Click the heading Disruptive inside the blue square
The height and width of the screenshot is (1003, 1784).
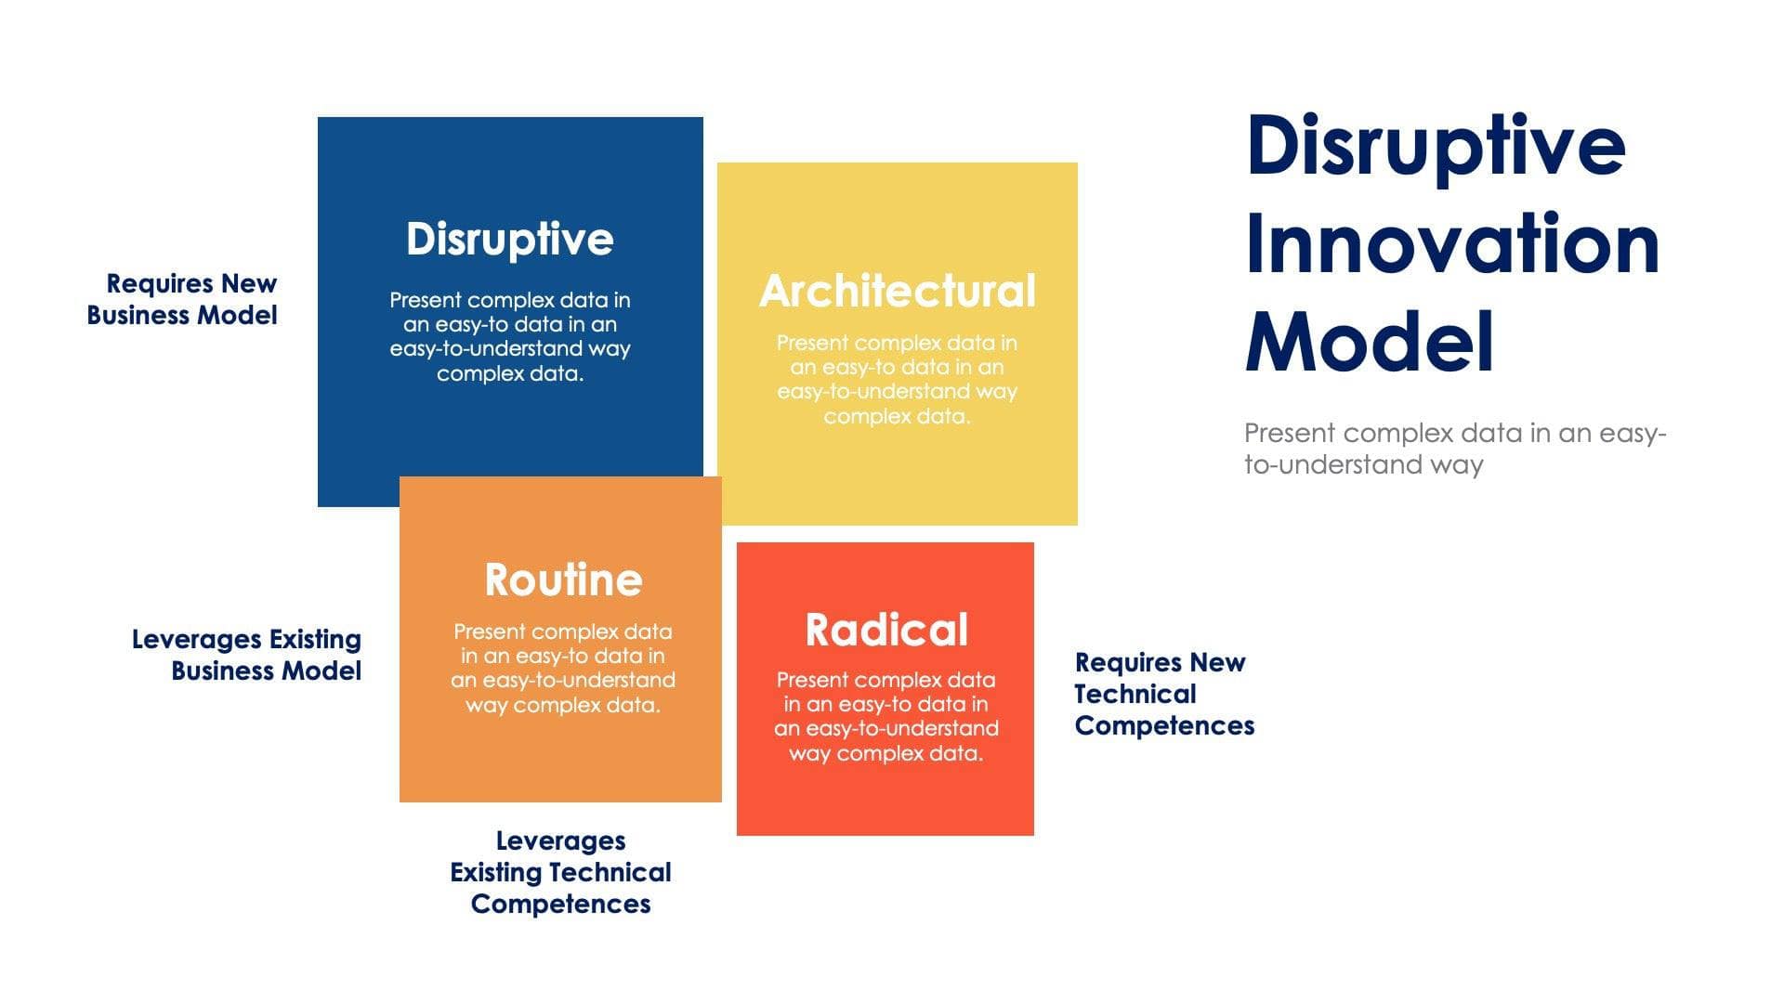(x=509, y=240)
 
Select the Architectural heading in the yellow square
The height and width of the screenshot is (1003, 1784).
(x=897, y=291)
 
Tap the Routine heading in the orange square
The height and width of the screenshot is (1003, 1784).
(x=563, y=580)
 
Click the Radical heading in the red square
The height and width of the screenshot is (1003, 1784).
(x=885, y=630)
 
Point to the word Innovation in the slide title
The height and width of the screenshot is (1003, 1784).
(x=1451, y=244)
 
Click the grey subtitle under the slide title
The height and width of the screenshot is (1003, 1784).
(x=1454, y=449)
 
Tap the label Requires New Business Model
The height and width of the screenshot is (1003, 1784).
(x=182, y=299)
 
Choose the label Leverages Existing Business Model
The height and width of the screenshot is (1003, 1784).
(x=247, y=655)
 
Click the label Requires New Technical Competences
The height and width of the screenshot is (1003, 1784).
(x=1163, y=694)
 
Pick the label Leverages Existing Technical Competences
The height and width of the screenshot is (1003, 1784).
(x=560, y=872)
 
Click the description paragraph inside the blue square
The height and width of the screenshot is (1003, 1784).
(x=509, y=336)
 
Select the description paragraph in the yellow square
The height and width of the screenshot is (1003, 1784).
(x=897, y=379)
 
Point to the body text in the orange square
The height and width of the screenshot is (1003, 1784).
(x=562, y=668)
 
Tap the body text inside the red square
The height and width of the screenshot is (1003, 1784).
(x=885, y=716)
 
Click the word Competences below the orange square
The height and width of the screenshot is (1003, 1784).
(x=560, y=904)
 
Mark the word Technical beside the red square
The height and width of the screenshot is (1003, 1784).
(x=1135, y=694)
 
